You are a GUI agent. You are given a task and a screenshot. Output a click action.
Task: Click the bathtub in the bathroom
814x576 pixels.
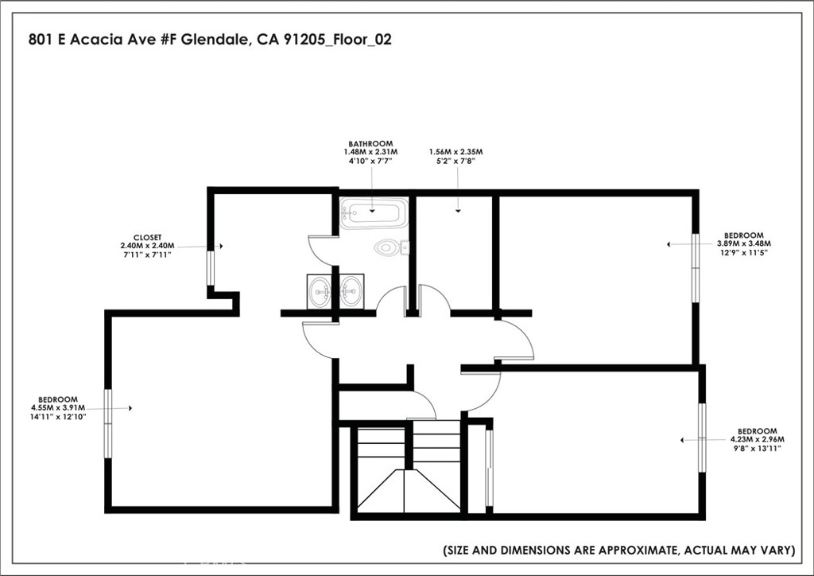point(374,213)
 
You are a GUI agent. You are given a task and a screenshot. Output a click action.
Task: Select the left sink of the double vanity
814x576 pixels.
point(321,291)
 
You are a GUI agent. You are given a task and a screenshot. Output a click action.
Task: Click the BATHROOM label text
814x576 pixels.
point(370,143)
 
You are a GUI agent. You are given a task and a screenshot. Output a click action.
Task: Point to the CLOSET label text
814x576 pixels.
point(147,237)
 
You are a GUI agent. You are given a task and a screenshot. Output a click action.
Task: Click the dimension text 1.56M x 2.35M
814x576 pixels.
point(455,151)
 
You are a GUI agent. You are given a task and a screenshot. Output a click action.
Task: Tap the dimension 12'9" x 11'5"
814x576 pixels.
point(740,252)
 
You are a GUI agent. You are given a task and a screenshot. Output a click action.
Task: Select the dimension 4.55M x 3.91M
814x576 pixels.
point(60,407)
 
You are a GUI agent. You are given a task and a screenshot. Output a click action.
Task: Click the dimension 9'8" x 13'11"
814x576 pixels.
point(757,448)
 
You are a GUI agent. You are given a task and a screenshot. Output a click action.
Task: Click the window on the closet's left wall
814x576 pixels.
point(210,268)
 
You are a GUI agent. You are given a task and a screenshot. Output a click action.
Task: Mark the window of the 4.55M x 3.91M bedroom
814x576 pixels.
point(108,423)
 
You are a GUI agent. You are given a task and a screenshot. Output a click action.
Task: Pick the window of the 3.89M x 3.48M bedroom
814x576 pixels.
point(695,267)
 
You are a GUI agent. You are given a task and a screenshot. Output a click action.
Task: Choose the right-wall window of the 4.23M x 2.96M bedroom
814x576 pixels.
point(702,438)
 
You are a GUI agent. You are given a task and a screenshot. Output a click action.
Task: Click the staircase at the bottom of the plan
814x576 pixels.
point(407,469)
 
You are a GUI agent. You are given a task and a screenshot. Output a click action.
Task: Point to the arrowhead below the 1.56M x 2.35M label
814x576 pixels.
point(459,211)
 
